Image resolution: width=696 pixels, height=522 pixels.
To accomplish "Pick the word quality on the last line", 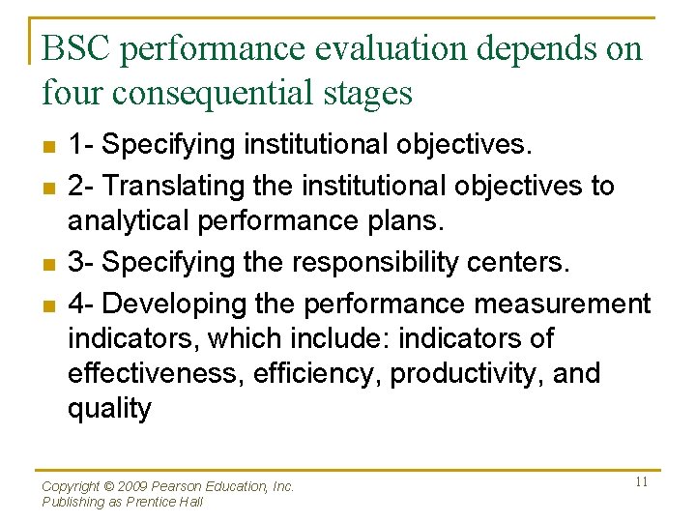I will (109, 409).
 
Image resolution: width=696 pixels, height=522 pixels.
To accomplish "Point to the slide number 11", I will (641, 481).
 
